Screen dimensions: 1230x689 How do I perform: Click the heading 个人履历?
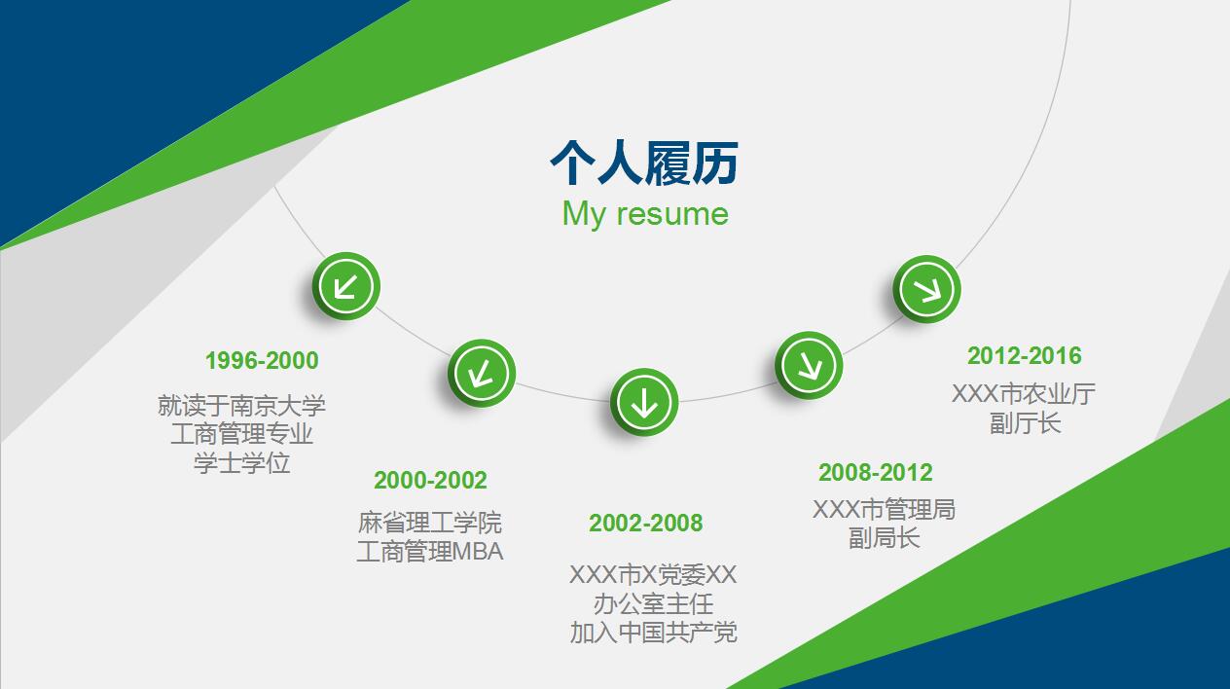(x=644, y=163)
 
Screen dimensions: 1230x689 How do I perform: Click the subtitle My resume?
(x=645, y=214)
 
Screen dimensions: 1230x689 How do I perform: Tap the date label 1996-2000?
(x=262, y=361)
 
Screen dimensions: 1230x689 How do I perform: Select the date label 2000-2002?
(x=430, y=481)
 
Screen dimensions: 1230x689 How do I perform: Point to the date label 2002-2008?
(x=646, y=524)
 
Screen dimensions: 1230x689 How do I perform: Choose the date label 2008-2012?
(x=876, y=473)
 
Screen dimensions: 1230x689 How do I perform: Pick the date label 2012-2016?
(x=1025, y=356)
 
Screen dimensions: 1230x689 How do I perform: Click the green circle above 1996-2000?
(x=346, y=286)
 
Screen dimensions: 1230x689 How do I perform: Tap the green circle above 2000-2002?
(x=482, y=374)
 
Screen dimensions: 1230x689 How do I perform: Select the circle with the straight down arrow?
(x=644, y=403)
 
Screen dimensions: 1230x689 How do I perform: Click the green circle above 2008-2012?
(x=809, y=365)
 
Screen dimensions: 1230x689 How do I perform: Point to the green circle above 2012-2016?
(x=927, y=289)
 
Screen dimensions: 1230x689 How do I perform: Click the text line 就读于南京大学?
(x=241, y=406)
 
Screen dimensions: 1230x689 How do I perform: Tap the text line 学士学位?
(x=241, y=463)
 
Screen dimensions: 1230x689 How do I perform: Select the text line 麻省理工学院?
(x=430, y=523)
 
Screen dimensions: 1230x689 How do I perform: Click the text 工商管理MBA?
(x=430, y=552)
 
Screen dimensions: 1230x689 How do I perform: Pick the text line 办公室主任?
(x=654, y=604)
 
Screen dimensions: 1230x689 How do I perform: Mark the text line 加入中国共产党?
(x=654, y=633)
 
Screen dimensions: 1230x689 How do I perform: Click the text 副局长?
(x=884, y=538)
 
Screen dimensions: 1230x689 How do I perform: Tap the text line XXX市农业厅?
(x=1024, y=394)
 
